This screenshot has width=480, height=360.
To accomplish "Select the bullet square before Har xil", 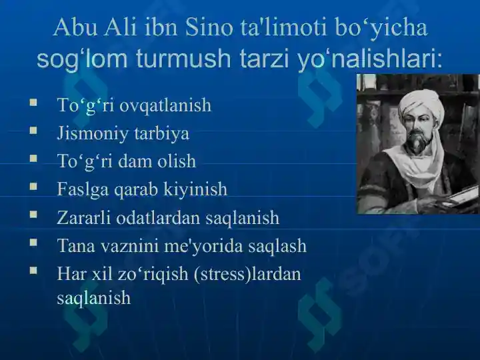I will [x=33, y=271].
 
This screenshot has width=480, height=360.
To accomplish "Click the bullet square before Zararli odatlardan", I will [x=33, y=215].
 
